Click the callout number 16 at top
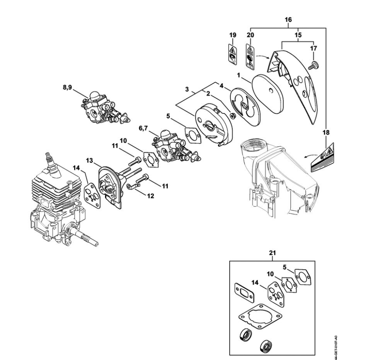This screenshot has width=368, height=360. [288, 20]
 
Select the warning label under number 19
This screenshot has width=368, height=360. [232, 54]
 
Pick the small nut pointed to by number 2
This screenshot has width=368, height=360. [233, 115]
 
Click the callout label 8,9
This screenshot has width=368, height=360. [67, 88]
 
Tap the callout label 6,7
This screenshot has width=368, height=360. [143, 128]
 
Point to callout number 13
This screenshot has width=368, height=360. [89, 161]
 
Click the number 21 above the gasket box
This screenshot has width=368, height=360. [272, 253]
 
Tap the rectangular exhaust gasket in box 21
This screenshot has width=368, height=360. [245, 293]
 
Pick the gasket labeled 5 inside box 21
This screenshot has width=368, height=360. [303, 277]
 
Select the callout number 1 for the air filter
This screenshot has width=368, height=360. [238, 75]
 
